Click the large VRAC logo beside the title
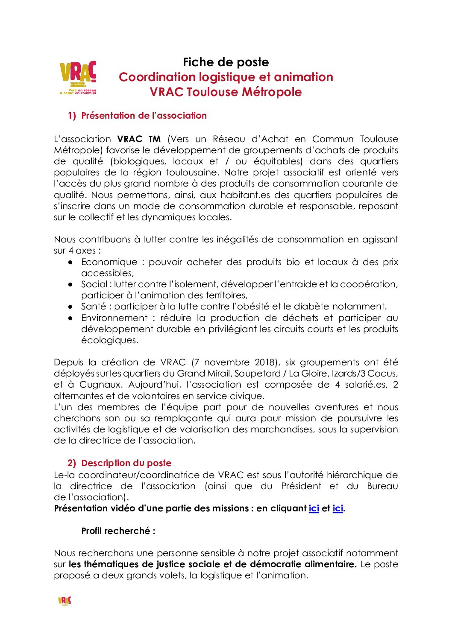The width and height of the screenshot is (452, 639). pos(78,77)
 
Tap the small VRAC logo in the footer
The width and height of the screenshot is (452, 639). pos(65,601)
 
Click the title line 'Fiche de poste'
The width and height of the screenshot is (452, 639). pos(226,62)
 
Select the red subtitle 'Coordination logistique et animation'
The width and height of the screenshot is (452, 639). pos(226,77)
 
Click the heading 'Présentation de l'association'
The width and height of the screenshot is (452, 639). pos(144,116)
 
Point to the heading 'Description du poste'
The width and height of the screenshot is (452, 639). pos(126,463)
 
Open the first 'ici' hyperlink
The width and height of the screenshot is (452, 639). pos(314,508)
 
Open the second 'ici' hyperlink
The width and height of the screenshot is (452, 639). pos(338,508)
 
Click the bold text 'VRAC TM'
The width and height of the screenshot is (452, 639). pos(139,139)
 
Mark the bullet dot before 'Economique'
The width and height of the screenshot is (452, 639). pos(70,262)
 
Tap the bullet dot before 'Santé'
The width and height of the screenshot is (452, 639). pos(70,306)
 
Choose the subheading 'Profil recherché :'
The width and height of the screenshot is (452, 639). pos(118,531)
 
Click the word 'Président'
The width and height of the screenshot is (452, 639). pos(301,486)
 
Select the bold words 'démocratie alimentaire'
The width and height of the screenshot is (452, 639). pos(302,564)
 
